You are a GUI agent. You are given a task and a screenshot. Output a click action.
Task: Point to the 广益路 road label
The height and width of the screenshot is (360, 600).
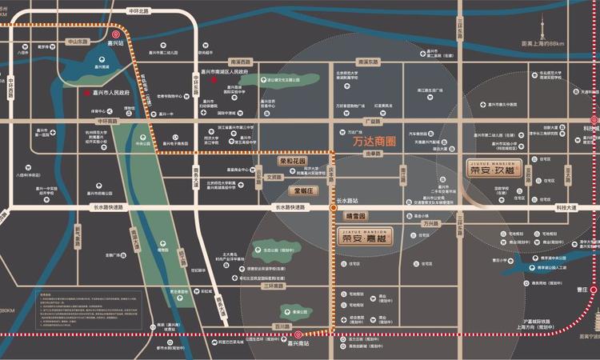pyautogui.click(x=372, y=122)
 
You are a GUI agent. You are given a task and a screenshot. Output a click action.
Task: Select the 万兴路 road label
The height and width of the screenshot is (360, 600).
pyautogui.click(x=431, y=224)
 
